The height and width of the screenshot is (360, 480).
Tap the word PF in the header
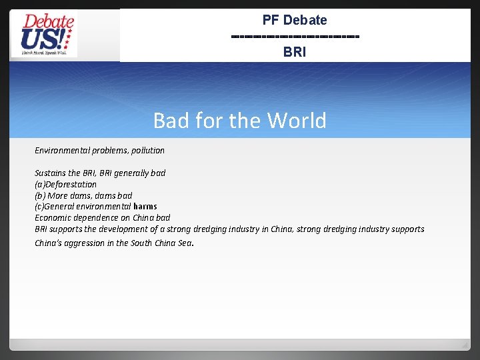click(x=271, y=20)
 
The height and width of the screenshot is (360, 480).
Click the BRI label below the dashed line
click(x=294, y=51)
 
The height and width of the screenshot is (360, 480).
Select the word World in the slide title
click(x=297, y=121)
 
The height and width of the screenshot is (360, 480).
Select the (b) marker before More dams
click(x=40, y=196)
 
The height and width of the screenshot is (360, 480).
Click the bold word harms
click(x=145, y=207)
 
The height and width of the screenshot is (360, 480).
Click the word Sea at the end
click(x=183, y=243)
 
